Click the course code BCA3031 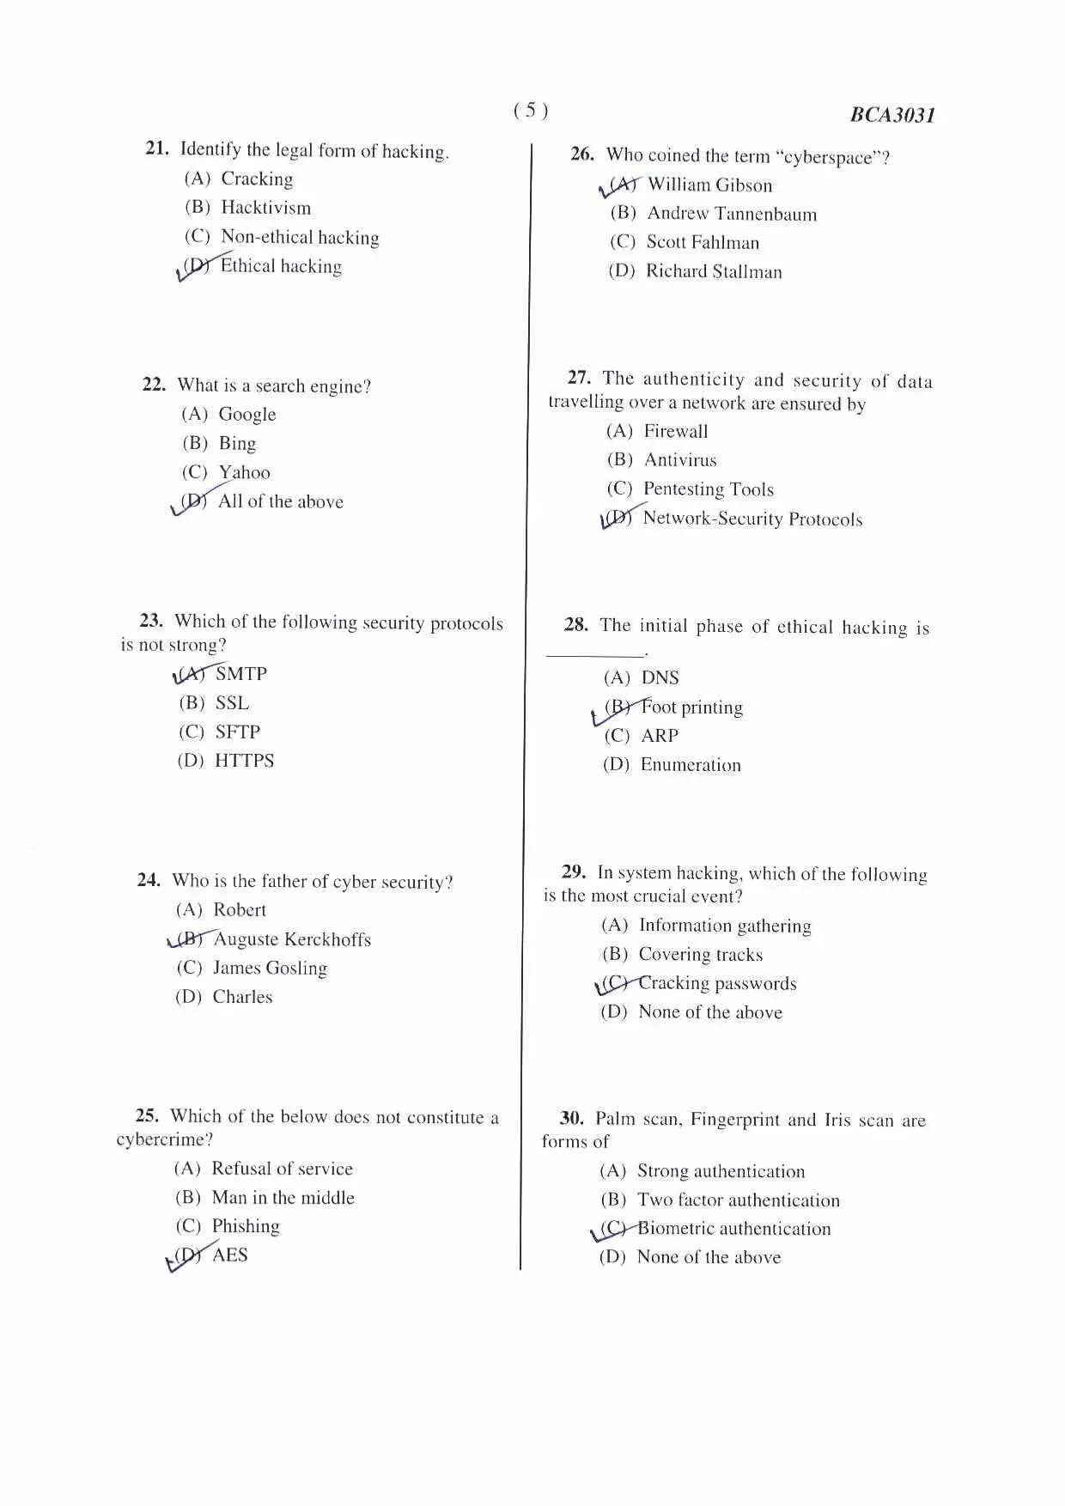[892, 115]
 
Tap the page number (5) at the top [531, 110]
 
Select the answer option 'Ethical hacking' [281, 266]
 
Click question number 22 [154, 385]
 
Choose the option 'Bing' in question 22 [237, 443]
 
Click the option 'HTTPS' [244, 761]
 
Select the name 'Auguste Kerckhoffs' [292, 939]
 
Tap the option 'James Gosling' [270, 968]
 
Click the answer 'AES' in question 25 [229, 1254]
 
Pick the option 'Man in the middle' [283, 1197]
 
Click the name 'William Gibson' [709, 185]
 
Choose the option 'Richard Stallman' [714, 271]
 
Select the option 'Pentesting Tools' [708, 489]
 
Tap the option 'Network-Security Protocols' [752, 519]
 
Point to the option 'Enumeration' [690, 764]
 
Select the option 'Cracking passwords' [717, 983]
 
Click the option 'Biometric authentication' [733, 1229]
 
